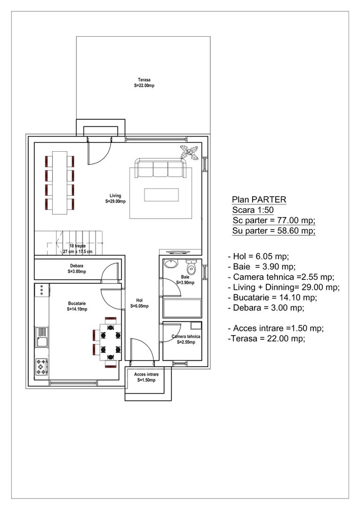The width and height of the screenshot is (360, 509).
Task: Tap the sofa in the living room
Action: click(x=160, y=169)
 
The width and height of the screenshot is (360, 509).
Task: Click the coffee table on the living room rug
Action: click(x=161, y=195)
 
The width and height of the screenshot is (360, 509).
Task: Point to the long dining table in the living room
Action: click(x=60, y=182)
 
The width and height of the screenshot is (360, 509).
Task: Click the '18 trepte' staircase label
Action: click(x=77, y=249)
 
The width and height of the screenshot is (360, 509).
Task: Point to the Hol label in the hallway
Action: click(x=139, y=303)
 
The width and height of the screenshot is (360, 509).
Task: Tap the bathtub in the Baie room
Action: click(x=182, y=308)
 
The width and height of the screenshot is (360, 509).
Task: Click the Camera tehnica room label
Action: click(x=186, y=339)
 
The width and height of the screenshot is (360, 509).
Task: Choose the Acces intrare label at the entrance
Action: click(x=146, y=377)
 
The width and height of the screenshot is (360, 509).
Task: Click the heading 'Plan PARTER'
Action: click(x=259, y=200)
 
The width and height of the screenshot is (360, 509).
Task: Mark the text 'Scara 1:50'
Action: click(x=253, y=210)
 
